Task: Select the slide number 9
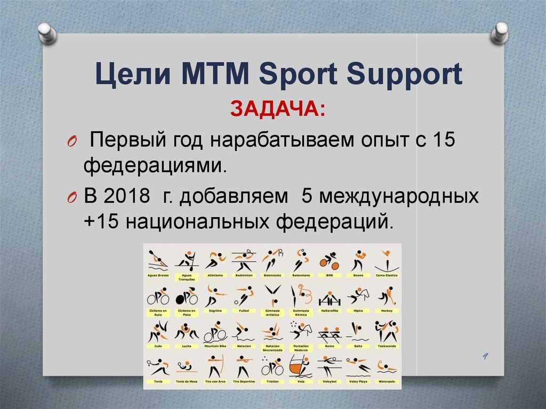click(485, 356)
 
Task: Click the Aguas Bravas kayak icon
click(158, 261)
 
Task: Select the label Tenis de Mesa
click(186, 382)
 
